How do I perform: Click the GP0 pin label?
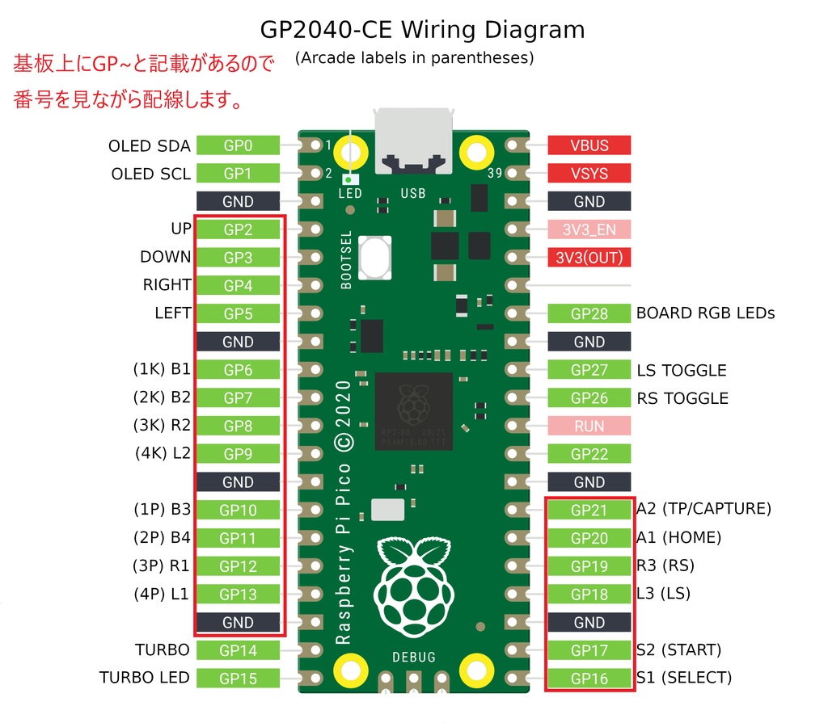point(239,145)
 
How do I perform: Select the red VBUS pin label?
point(589,145)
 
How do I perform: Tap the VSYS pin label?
point(589,174)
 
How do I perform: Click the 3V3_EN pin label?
point(589,229)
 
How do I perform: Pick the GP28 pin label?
point(589,313)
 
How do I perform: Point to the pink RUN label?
point(589,426)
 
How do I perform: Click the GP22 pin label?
point(589,454)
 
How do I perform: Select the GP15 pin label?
point(239,679)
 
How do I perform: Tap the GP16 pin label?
point(589,679)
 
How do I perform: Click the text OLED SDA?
point(150,146)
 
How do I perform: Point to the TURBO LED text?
point(145,678)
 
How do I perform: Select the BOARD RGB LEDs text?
point(705,313)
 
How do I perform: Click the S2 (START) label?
point(678,649)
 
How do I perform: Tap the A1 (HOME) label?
point(678,537)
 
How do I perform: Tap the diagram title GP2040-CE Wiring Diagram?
point(422,31)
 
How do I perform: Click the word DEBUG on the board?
point(414,657)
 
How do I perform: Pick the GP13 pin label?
point(239,595)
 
